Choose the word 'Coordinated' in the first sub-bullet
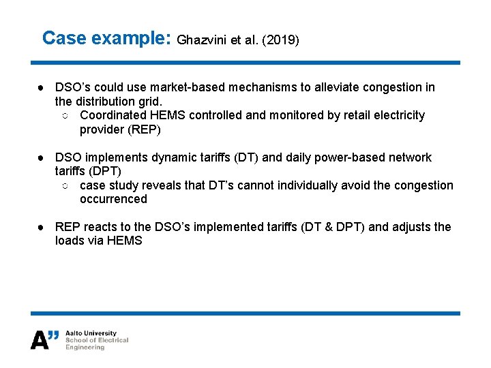[113, 115]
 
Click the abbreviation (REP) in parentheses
[143, 129]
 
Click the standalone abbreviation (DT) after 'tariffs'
[246, 157]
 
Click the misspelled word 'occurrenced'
[113, 199]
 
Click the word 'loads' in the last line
[70, 241]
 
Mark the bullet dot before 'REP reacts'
[42, 227]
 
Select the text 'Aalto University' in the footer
[91, 333]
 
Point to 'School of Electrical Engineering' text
[96, 343]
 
